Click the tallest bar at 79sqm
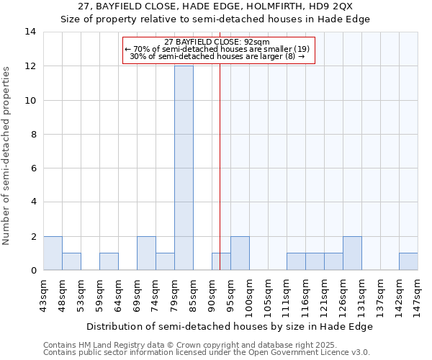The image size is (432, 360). (x=184, y=168)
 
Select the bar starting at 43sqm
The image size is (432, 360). (x=53, y=253)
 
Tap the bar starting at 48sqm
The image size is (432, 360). (x=71, y=261)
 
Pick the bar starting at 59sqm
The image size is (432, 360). (x=109, y=261)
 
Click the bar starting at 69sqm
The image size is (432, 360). (x=146, y=253)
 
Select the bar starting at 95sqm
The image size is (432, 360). (x=240, y=253)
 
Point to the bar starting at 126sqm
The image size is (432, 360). (x=352, y=253)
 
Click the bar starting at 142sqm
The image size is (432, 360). (x=408, y=261)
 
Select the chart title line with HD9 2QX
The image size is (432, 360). (x=215, y=6)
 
